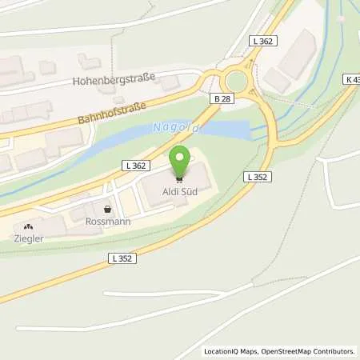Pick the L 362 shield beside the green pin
(x=135, y=164)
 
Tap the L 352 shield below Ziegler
(x=122, y=258)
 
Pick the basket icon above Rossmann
(x=107, y=206)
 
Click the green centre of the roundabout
(x=236, y=80)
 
